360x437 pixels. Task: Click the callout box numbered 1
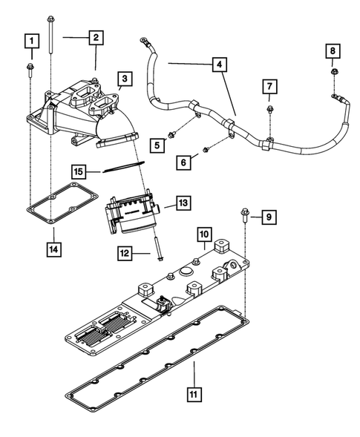point(30,40)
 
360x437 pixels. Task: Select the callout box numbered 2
point(96,36)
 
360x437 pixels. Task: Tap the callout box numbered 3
point(125,78)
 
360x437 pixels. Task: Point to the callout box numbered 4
point(219,65)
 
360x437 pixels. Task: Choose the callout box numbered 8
point(333,50)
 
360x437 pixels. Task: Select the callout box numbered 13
point(183,203)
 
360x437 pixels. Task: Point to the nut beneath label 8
point(333,73)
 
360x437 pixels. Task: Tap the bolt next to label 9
point(244,217)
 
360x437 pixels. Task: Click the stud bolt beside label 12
point(158,248)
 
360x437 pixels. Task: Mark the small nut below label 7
point(268,112)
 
